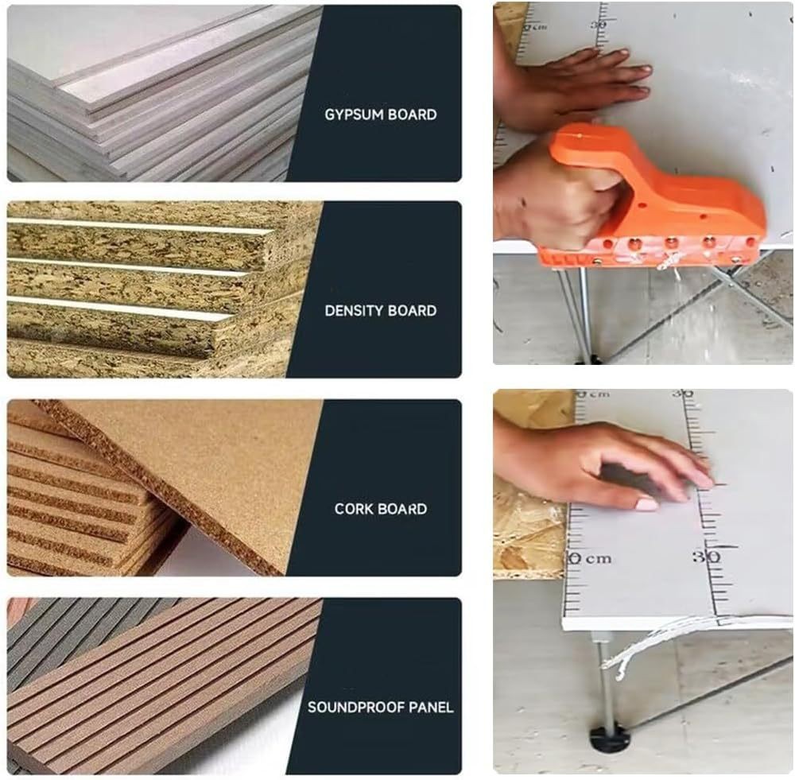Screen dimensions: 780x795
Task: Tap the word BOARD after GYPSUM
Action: (x=412, y=114)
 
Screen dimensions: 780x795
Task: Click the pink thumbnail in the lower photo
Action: (x=647, y=504)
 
